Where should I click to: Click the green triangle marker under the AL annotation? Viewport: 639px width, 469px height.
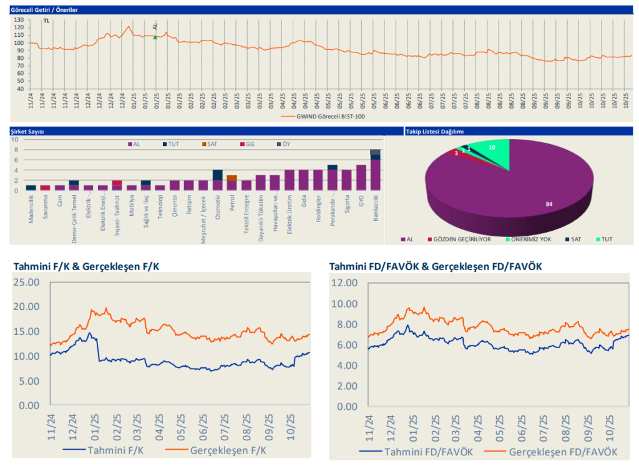pyautogui.click(x=155, y=37)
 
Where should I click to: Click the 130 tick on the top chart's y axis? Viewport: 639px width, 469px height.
pyautogui.click(x=19, y=20)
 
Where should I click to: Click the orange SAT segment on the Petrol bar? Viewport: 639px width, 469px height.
pyautogui.click(x=232, y=178)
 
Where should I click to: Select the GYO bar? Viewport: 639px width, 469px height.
pyautogui.click(x=361, y=178)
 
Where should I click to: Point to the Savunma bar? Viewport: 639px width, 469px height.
pyautogui.click(x=45, y=188)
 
